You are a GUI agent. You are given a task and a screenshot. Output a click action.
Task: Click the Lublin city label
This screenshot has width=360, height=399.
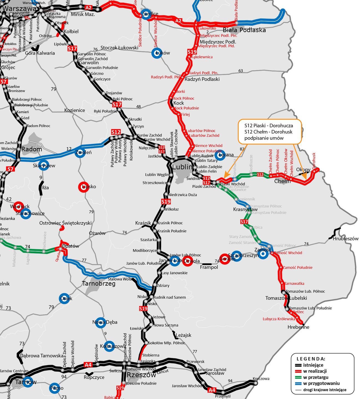182,167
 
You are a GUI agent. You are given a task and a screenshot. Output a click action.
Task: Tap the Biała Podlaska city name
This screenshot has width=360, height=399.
244,30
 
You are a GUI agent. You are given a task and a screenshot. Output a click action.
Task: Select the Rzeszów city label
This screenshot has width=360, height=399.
141,375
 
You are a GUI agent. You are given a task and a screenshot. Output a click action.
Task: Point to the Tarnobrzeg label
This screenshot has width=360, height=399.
99,283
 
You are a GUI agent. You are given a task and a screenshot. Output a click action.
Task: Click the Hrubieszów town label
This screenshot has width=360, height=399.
346,239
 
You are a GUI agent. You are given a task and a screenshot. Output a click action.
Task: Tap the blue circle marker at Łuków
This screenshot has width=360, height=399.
157,53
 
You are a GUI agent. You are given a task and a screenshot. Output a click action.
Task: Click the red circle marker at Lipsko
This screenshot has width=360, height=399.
84,187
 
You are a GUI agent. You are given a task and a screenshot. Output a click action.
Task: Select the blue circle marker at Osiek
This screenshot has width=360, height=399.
65,298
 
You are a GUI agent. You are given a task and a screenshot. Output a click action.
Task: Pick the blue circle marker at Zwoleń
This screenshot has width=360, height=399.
80,152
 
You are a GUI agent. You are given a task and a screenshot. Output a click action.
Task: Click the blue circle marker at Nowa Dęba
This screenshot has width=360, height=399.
100,322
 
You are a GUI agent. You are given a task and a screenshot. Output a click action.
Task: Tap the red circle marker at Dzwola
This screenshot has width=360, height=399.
188,261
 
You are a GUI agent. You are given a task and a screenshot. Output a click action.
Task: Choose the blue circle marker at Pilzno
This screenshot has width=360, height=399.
54,388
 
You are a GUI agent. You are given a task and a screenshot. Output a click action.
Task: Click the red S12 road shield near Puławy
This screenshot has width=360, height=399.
116,132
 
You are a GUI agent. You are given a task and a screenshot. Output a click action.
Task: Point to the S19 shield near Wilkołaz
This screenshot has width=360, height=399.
166,201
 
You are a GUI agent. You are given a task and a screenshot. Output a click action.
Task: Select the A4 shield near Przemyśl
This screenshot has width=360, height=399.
212,390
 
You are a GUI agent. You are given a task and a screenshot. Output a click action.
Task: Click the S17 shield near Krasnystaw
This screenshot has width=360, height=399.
244,222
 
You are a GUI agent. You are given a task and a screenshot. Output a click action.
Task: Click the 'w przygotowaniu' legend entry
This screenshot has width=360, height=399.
321,383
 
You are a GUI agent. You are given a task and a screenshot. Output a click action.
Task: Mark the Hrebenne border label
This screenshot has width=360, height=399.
298,327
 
